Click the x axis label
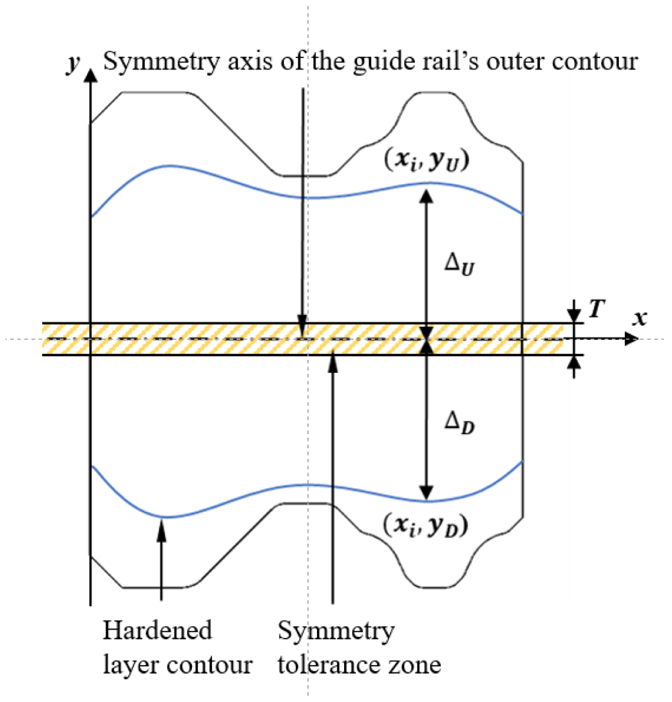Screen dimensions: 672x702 tap(640, 318)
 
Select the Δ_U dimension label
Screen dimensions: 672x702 tap(459, 264)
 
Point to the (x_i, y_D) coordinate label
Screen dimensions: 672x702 tap(426, 525)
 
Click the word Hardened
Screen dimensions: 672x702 tap(158, 630)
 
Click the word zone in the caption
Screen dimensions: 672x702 tap(415, 665)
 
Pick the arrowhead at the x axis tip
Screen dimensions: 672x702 tap(632, 339)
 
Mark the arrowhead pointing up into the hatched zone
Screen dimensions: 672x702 tap(333, 363)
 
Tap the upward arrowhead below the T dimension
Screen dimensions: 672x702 tap(574, 363)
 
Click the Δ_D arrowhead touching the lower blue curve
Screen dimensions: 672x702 tap(426, 493)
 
